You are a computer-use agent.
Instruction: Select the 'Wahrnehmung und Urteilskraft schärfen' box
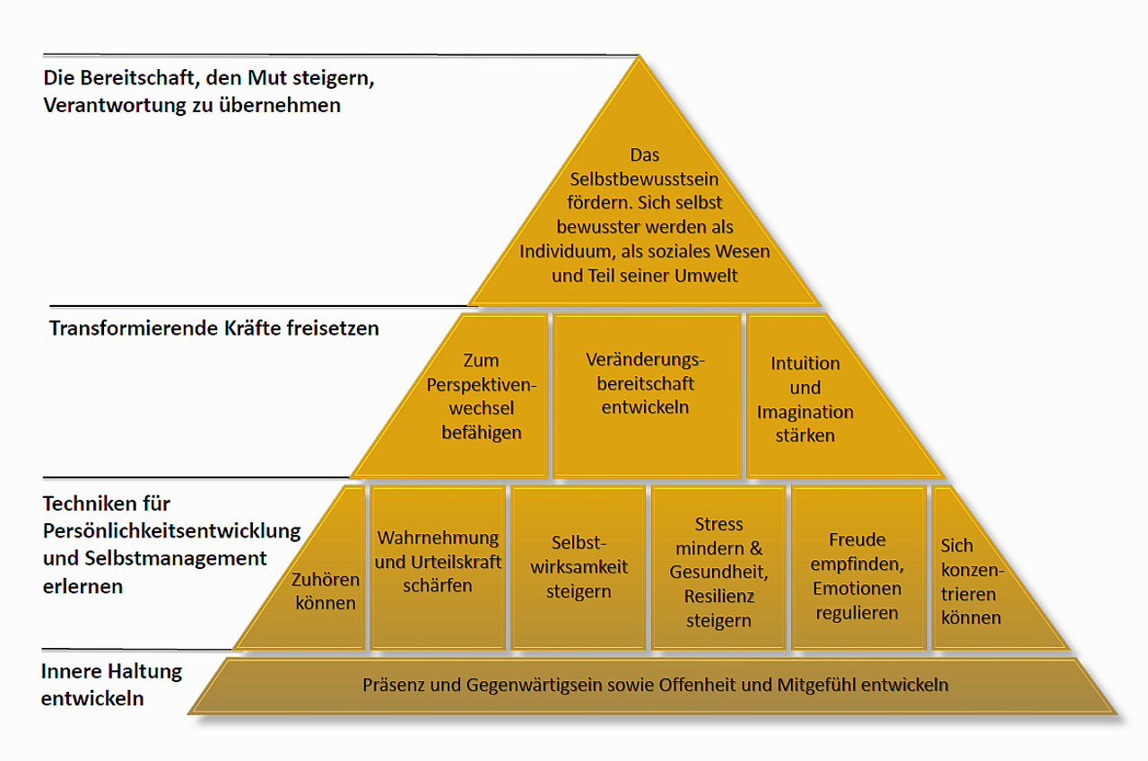(x=438, y=565)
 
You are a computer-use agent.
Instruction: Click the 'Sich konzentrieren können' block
(x=970, y=582)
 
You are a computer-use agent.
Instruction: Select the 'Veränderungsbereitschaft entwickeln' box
(x=646, y=395)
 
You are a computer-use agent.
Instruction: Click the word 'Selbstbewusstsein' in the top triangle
(x=644, y=179)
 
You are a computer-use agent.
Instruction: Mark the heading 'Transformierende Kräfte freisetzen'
(x=214, y=328)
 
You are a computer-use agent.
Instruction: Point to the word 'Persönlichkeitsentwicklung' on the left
(x=171, y=530)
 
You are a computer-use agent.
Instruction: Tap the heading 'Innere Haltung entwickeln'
(x=112, y=684)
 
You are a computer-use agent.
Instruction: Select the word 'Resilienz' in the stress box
(x=718, y=596)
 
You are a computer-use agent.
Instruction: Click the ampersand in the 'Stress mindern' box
(x=756, y=547)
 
